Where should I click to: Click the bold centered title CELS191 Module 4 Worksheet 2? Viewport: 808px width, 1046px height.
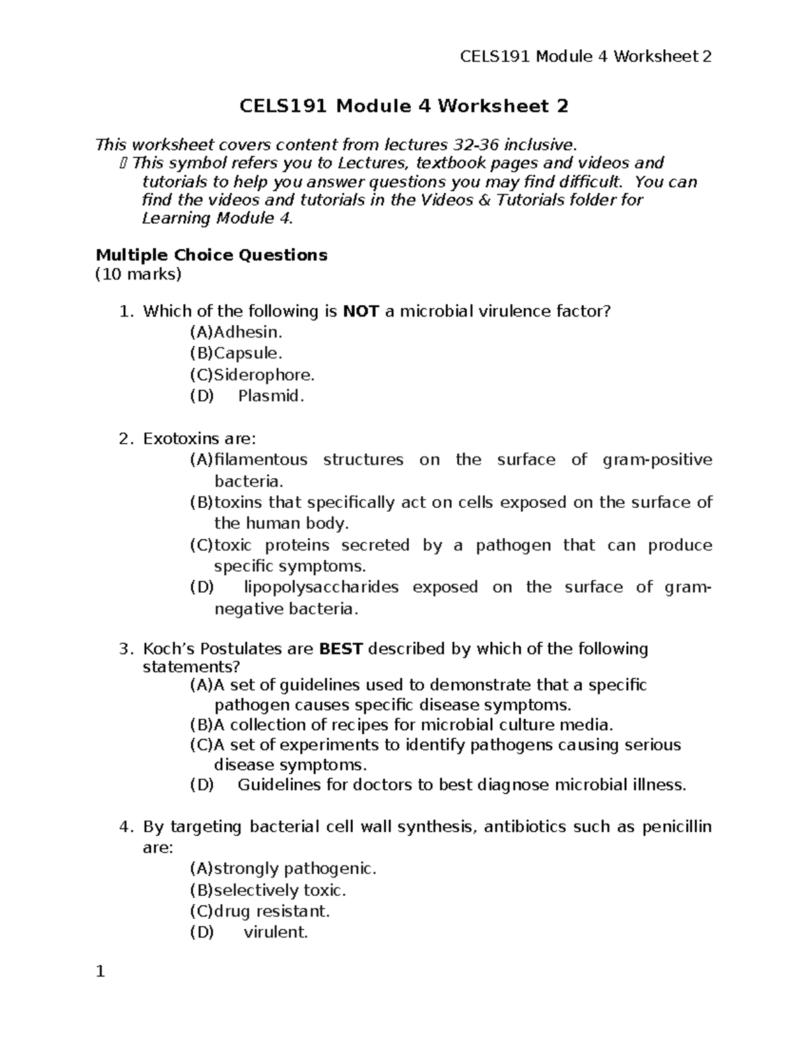404,106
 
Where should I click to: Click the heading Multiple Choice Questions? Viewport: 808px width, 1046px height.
211,255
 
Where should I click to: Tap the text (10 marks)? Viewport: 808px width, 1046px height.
139,274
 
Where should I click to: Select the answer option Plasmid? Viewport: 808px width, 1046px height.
271,396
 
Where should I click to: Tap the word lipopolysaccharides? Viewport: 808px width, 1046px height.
321,587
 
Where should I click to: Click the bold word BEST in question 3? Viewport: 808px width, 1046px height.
341,649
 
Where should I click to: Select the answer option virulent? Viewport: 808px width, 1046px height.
275,933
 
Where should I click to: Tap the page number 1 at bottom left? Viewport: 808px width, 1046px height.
100,972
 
